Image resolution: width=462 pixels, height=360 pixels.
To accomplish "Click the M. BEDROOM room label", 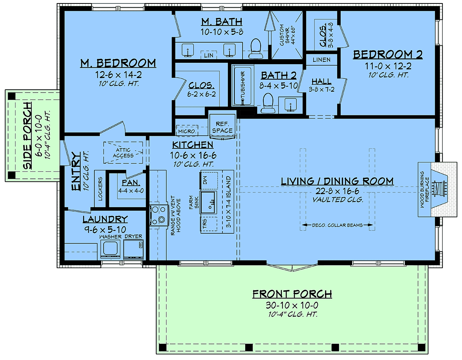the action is point(118,63).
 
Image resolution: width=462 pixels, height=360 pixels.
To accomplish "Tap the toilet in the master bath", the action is point(256,48).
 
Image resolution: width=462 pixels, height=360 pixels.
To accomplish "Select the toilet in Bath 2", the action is point(268,103).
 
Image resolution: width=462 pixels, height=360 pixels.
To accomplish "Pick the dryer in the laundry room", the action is point(133,249).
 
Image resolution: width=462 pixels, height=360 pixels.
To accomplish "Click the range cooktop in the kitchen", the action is point(158,215).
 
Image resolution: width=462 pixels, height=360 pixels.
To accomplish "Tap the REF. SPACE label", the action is point(223,127).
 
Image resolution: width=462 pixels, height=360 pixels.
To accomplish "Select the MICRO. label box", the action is point(187,131).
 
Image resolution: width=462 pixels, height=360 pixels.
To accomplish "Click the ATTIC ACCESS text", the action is point(123,153).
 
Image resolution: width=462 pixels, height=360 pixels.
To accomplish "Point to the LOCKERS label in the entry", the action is point(100,189).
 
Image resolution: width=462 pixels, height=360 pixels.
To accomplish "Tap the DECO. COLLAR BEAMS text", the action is point(337,225).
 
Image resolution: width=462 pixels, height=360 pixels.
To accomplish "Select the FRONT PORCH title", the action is point(292,294).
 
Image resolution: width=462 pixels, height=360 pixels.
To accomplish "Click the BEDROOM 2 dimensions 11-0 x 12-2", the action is point(388,66).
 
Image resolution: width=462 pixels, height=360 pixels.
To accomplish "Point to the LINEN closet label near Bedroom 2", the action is point(321,60).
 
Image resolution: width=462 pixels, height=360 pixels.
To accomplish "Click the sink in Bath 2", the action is point(290,105).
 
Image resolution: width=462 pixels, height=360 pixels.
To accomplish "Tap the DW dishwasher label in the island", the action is point(205,180).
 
